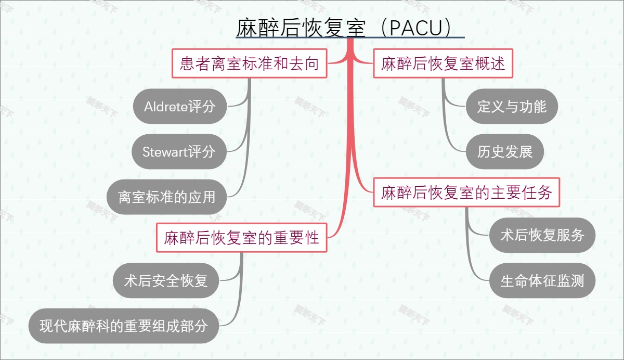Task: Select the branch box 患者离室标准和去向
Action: tap(249, 64)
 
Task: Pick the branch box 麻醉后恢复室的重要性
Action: tap(241, 238)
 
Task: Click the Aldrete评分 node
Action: tap(179, 107)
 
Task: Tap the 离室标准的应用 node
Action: tap(166, 197)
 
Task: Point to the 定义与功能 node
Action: tap(512, 107)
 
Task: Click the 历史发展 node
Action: tap(504, 152)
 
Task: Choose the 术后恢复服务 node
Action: tap(542, 235)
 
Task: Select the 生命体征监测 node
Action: tap(542, 281)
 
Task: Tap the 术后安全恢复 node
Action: tap(166, 281)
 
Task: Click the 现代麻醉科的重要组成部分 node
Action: tap(124, 326)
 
